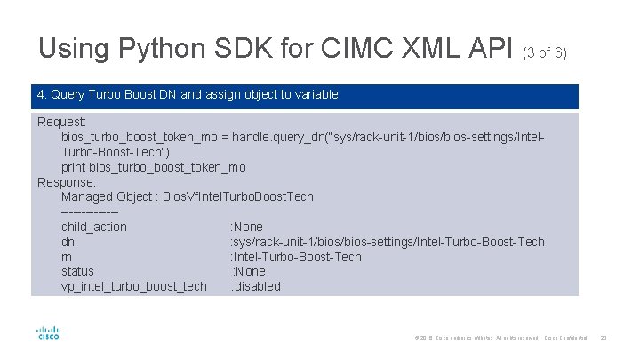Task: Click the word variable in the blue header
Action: (315, 93)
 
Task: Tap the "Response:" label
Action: (67, 182)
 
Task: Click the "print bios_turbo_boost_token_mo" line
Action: (153, 167)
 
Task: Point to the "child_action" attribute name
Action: (93, 227)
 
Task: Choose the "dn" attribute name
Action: (68, 242)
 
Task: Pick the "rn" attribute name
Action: (67, 257)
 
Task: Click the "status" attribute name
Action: (77, 271)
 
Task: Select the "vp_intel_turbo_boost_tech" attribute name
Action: (133, 286)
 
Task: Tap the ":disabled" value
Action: (256, 286)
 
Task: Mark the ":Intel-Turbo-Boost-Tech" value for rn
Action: (296, 257)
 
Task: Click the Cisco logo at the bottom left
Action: (48, 333)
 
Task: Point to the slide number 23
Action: (603, 337)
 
